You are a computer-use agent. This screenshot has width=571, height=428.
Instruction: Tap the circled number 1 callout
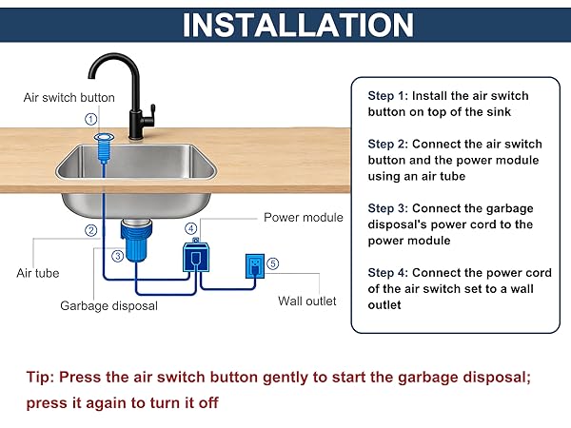91,119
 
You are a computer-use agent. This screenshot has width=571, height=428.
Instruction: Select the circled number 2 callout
91,230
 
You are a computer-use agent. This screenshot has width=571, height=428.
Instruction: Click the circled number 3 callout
116,255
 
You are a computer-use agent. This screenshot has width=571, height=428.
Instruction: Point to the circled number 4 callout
191,229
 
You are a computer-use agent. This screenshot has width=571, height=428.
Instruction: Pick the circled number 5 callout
274,263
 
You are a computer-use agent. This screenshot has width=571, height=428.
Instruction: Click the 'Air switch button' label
69,97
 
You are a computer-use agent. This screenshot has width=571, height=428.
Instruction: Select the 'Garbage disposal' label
108,306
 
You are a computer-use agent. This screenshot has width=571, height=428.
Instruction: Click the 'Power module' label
303,218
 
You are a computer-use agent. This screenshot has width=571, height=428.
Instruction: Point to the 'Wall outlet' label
306,302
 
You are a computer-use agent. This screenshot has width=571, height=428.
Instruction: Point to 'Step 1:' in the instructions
389,96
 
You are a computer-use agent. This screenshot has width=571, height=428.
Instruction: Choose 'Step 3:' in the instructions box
389,208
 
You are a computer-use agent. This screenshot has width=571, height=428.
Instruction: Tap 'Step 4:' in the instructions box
389,272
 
